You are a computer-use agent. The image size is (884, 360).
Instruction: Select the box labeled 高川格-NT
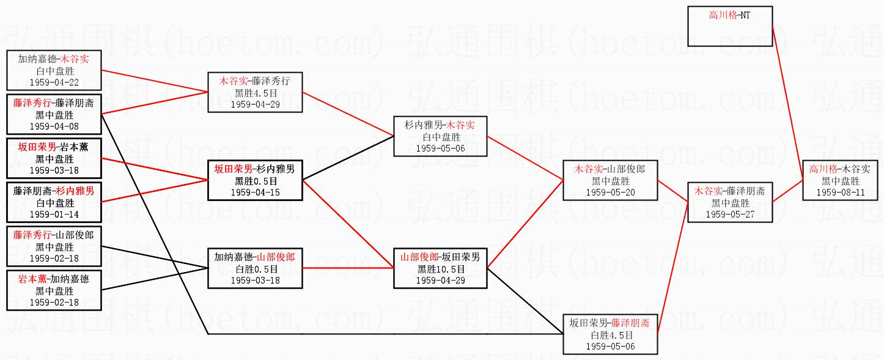[730, 26]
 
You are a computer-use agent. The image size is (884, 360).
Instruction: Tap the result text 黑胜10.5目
[441, 269]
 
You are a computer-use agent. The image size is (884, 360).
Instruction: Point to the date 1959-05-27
[729, 215]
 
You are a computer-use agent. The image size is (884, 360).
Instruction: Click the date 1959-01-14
[54, 215]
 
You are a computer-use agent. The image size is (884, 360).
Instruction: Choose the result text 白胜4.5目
[611, 336]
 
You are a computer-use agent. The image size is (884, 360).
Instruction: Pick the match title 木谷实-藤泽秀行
[255, 80]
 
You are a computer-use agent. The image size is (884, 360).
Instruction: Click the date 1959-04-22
[54, 83]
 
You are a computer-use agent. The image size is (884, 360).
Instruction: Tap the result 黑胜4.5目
[255, 92]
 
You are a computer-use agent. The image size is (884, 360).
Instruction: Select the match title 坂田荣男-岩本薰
[54, 147]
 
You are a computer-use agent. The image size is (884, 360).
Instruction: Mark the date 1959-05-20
[610, 193]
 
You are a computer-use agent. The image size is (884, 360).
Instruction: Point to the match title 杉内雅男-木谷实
[440, 125]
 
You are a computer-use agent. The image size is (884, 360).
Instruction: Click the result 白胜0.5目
[255, 269]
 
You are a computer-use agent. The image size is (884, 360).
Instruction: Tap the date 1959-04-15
[255, 193]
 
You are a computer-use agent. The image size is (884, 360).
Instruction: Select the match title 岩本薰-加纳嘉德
[54, 279]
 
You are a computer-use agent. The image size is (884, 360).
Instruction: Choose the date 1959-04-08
[54, 127]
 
